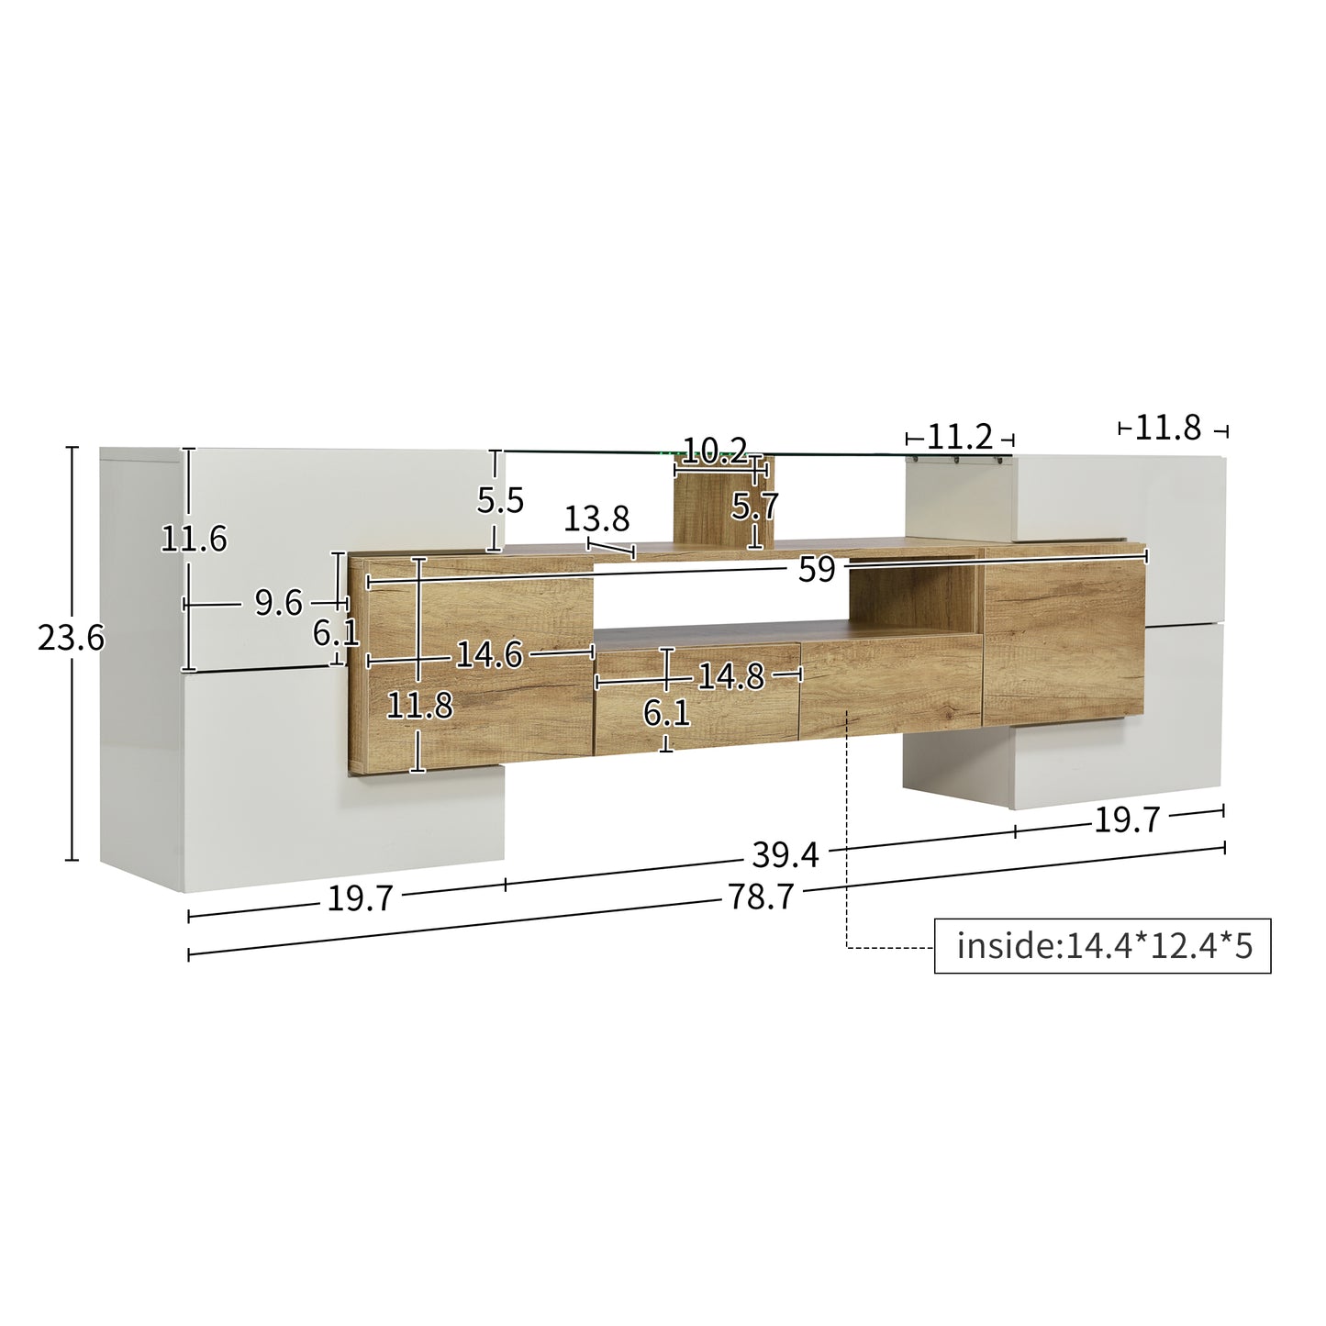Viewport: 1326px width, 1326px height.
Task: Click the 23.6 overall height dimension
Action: click(x=71, y=637)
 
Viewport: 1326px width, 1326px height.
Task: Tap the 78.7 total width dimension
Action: click(x=761, y=897)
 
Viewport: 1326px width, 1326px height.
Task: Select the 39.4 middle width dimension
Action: click(x=785, y=855)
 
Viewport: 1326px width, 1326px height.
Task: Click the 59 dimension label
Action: click(x=816, y=570)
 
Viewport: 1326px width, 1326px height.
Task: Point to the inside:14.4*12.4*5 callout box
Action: click(x=1102, y=945)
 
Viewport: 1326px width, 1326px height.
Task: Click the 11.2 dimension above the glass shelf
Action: click(x=960, y=437)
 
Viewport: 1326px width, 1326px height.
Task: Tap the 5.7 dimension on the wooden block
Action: click(x=755, y=506)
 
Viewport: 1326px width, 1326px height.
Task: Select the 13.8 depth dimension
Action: click(x=596, y=519)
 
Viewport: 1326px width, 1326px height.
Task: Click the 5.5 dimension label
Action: click(x=500, y=500)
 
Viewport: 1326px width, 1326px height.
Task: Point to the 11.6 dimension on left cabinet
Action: click(x=194, y=539)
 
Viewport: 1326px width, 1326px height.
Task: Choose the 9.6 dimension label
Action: click(x=278, y=603)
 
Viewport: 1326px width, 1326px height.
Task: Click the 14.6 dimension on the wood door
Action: click(x=488, y=654)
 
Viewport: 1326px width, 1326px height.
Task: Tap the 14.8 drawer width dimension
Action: click(x=730, y=676)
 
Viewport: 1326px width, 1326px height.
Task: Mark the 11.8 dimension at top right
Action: click(x=1167, y=428)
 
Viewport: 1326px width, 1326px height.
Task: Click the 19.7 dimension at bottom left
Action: click(x=360, y=899)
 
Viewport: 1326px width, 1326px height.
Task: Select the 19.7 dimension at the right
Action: click(x=1127, y=819)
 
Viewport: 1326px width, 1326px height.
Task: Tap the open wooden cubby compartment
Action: click(x=911, y=596)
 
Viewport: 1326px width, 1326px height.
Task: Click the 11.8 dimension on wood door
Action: click(x=419, y=706)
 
